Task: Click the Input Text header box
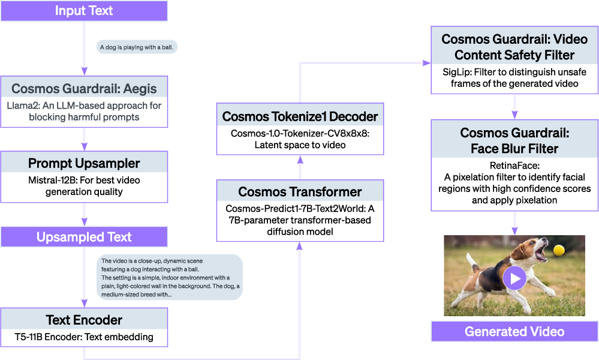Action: [x=84, y=11]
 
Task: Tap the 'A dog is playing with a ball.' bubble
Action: [x=137, y=47]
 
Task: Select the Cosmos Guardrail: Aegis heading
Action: [x=84, y=89]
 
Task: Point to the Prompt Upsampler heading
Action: [x=84, y=163]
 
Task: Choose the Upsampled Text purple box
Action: [x=84, y=237]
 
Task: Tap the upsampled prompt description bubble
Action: [x=170, y=277]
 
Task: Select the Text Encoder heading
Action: [x=84, y=320]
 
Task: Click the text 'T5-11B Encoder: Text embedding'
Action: [x=84, y=337]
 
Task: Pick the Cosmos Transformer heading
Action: [x=300, y=192]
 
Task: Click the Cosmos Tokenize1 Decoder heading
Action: [x=300, y=117]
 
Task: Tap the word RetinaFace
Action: [x=514, y=166]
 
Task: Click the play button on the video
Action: [x=514, y=278]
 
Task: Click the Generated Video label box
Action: [x=514, y=331]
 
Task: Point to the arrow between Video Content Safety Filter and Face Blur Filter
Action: [x=514, y=107]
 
